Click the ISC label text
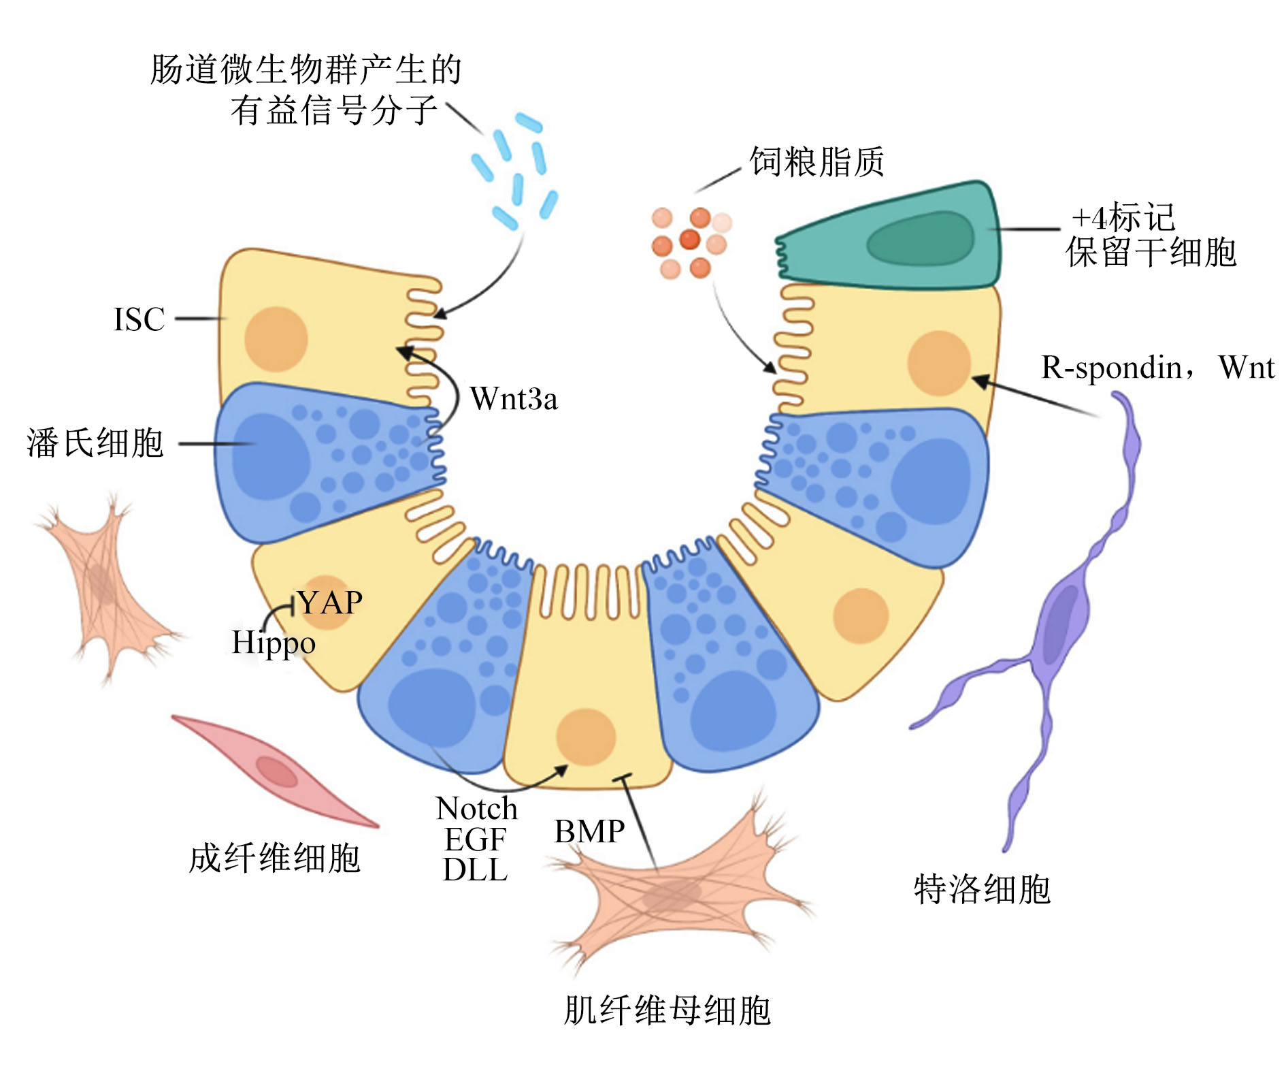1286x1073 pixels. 139,319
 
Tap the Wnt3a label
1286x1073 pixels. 514,398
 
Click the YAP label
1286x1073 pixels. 331,602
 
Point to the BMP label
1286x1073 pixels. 589,831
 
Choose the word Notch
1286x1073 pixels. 476,808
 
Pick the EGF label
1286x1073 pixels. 475,839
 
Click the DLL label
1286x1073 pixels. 475,869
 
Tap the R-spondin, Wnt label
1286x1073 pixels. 1157,368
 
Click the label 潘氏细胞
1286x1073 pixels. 95,443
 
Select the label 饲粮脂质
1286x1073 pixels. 817,162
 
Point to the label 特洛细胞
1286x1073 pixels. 982,889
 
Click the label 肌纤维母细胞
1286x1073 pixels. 667,1010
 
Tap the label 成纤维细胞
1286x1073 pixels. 274,858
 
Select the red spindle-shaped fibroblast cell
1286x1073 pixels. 275,771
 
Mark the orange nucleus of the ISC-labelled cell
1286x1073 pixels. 276,339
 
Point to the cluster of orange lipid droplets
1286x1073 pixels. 690,242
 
